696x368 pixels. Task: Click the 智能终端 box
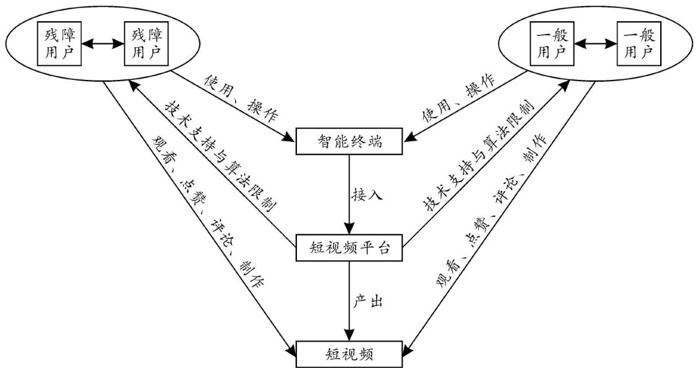coord(350,142)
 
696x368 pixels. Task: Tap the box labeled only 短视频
coord(350,354)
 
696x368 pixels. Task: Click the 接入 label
coord(369,196)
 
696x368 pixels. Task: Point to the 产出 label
coord(369,302)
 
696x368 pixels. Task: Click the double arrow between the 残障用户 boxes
coord(103,44)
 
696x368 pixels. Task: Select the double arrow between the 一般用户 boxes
coord(595,44)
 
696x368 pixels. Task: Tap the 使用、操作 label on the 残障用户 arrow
coord(241,96)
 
